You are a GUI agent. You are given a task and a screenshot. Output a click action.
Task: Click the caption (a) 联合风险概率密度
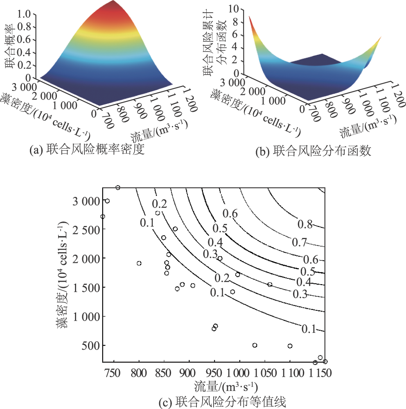click(x=88, y=150)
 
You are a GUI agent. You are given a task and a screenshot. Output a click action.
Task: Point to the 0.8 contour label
click(x=305, y=224)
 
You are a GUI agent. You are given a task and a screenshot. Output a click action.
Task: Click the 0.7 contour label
click(x=300, y=242)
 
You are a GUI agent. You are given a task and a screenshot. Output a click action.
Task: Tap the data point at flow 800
click(x=139, y=263)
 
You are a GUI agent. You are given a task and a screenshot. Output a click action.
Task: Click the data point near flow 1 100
click(x=290, y=346)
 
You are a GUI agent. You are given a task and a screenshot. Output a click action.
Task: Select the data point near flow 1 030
click(x=255, y=345)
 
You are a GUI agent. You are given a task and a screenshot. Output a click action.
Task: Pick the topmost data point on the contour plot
click(x=118, y=188)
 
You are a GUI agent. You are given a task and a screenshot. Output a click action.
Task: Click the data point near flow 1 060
click(x=270, y=285)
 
